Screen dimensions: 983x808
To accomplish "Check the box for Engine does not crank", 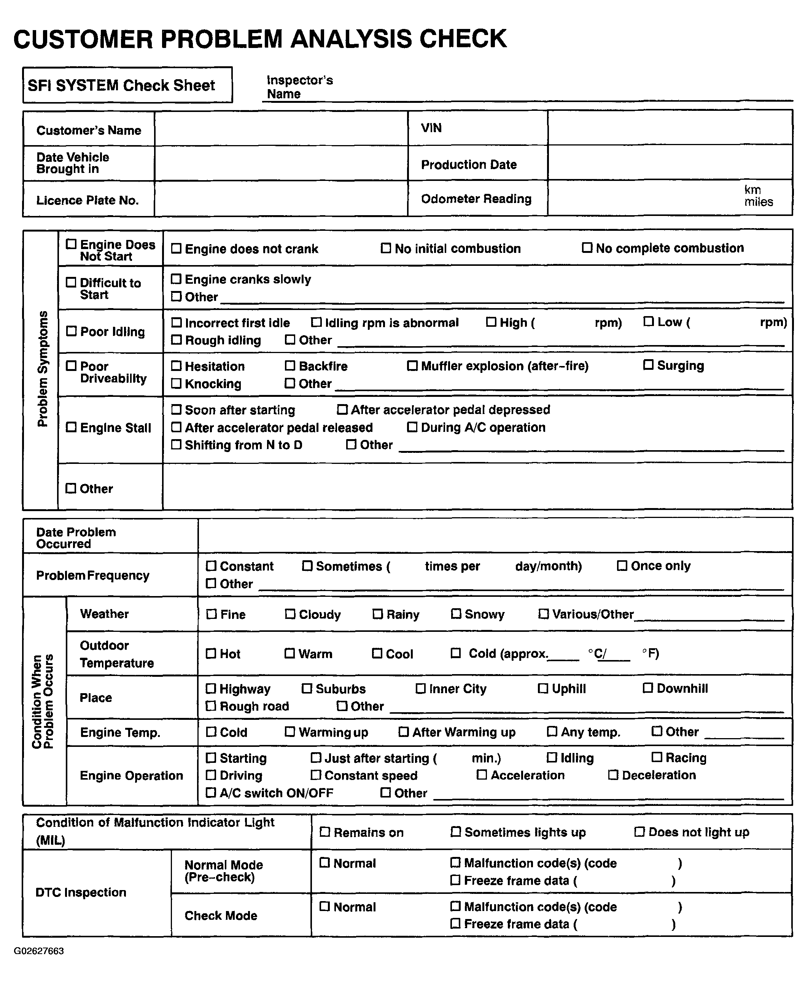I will point(176,248).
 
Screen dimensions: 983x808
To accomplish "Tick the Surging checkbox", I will point(648,365).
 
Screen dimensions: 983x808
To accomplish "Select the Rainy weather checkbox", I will point(377,614).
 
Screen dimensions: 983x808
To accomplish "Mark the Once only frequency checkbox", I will point(622,566).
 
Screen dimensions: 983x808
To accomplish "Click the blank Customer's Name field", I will point(281,129).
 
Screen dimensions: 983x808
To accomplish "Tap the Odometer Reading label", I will point(476,199).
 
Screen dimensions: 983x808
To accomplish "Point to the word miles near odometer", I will point(758,202).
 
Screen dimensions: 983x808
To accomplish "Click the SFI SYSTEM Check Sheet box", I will point(127,85).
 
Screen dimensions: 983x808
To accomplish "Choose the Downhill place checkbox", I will point(647,688).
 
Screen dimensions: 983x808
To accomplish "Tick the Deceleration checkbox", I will point(613,775).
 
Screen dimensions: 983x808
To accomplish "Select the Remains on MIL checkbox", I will point(324,831).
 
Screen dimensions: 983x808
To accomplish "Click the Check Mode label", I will point(221,916).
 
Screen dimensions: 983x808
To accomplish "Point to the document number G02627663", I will point(39,951).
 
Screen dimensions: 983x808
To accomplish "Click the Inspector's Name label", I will point(299,87).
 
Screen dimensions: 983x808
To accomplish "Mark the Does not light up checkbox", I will point(639,831).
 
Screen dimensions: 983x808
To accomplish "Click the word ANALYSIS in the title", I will point(352,39).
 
